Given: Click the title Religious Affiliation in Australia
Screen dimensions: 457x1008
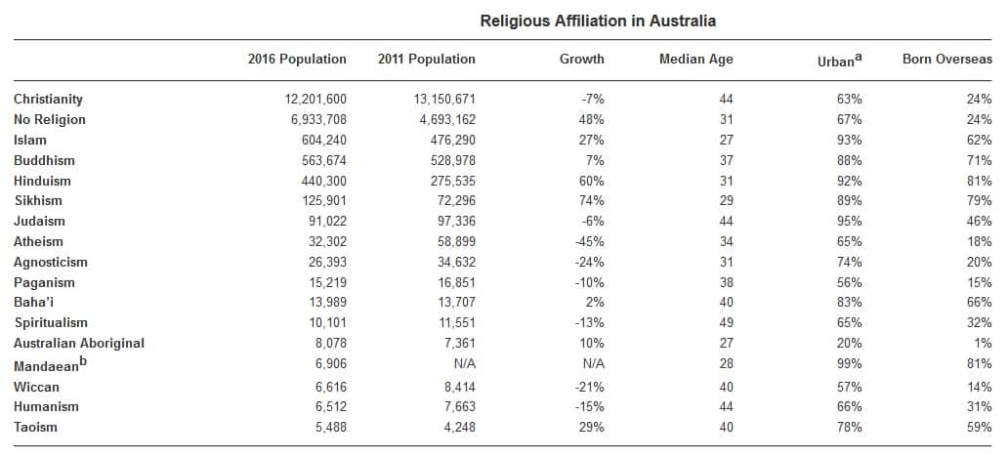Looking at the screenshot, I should (598, 21).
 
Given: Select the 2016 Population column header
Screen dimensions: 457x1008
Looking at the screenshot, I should (297, 60).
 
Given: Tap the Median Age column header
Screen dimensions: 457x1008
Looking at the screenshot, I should (695, 60).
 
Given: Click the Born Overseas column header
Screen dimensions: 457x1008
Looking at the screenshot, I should (946, 60).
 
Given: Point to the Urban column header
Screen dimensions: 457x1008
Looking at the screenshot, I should (839, 60).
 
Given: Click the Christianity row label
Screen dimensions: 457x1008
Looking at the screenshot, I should (48, 100).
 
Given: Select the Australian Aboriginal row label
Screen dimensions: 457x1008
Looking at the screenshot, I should (79, 344).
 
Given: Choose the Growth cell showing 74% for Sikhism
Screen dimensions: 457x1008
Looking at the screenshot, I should (591, 201).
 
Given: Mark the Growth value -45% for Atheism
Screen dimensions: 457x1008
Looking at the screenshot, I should (589, 242).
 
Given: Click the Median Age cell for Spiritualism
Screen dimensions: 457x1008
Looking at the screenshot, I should (725, 323).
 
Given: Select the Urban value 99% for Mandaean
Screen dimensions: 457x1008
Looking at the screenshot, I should (850, 364).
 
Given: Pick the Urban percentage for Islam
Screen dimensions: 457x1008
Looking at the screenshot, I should (850, 141).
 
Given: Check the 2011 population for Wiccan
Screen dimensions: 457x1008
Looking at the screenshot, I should (456, 388).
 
